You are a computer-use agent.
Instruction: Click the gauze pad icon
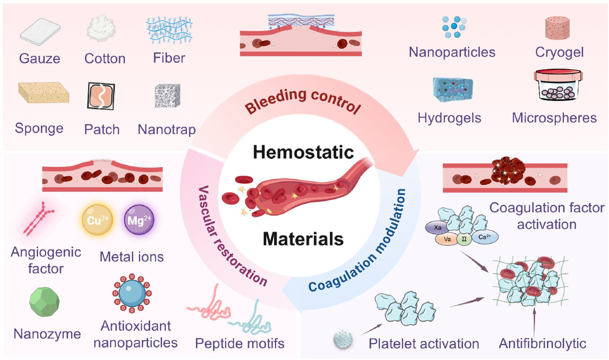(40, 31)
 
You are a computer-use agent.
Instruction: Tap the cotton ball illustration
(101, 28)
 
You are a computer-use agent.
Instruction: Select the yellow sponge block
(43, 93)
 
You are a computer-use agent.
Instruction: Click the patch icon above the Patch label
(101, 96)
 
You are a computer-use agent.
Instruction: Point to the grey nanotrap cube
(167, 96)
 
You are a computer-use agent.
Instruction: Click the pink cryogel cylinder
(557, 28)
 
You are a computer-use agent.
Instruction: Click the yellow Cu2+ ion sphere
(97, 220)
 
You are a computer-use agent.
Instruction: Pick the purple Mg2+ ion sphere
(139, 220)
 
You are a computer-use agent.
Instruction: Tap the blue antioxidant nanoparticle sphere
(132, 293)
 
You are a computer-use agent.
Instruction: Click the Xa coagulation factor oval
(437, 228)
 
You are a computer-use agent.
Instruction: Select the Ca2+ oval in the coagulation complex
(484, 237)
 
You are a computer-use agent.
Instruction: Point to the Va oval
(447, 239)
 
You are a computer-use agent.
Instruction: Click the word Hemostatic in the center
(303, 152)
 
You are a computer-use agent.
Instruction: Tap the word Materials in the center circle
(303, 239)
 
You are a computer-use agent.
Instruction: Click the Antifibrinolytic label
(542, 344)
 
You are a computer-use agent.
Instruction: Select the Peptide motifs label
(240, 344)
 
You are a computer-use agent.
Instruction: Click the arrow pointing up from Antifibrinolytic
(534, 321)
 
